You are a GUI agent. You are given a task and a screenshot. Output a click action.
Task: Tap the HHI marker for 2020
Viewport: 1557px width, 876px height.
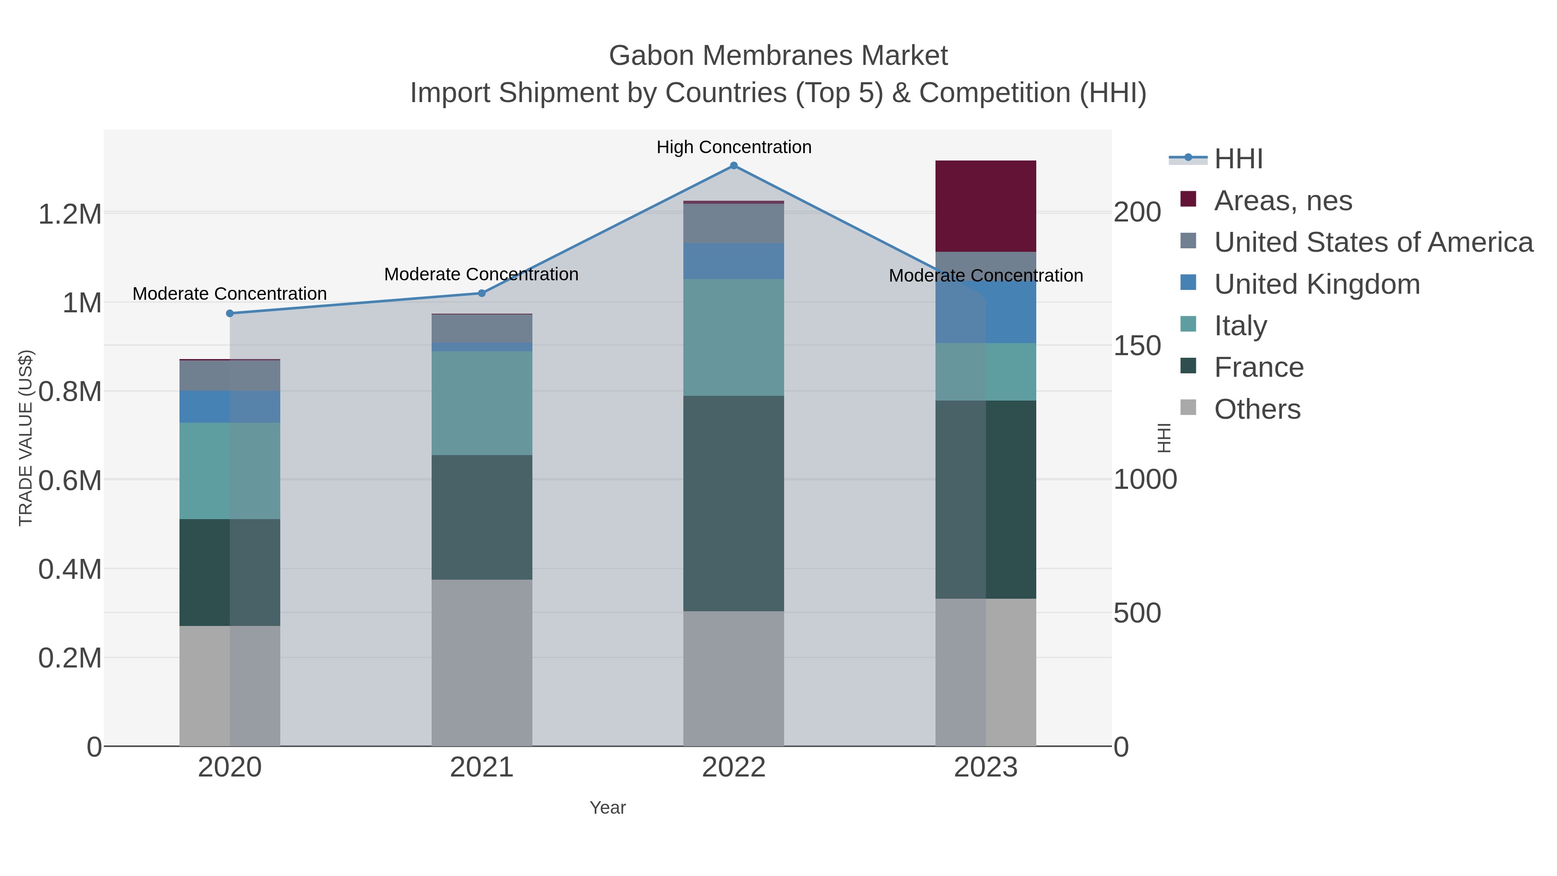(230, 313)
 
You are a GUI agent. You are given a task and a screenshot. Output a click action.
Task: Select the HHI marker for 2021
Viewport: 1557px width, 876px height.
(482, 293)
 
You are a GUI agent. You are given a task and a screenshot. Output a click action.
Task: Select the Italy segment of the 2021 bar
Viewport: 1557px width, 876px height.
(482, 403)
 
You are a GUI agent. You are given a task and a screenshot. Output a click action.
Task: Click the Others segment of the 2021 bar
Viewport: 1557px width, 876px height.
(482, 663)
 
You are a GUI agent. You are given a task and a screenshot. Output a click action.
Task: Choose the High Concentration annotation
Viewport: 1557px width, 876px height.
(734, 147)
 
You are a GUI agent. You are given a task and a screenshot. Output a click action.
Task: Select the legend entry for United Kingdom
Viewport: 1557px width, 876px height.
(1317, 284)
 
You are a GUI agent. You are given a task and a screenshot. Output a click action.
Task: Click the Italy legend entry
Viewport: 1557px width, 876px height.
(1240, 326)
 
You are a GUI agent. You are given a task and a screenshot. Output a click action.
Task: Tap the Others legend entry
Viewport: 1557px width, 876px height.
(1256, 409)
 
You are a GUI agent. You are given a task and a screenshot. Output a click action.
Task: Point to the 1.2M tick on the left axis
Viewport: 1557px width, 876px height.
(70, 214)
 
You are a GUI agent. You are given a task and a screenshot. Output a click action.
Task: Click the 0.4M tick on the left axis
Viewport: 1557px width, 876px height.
(70, 569)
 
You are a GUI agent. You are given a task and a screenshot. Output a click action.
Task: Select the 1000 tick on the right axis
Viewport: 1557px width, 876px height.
(1145, 480)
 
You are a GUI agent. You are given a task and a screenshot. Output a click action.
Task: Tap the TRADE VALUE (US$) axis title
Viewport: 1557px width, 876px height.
(26, 438)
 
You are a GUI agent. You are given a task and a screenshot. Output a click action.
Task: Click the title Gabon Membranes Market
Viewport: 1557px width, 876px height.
(778, 56)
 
